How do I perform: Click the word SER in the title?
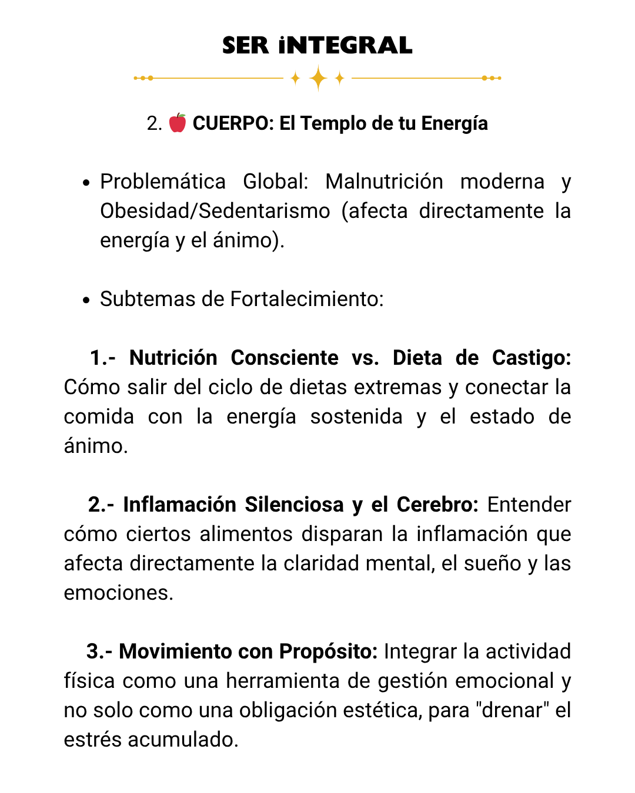coord(245,46)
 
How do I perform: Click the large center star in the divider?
coord(318,78)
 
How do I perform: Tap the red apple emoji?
coord(178,123)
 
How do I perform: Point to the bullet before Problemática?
coord(86,183)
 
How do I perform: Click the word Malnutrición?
coord(384,182)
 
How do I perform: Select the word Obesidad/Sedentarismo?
coord(215,211)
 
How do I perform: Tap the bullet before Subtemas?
coord(86,300)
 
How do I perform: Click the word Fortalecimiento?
coord(306,299)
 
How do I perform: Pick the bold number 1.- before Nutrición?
coord(103,358)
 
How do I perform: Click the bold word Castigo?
coord(531,358)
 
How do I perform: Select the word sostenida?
coord(356,416)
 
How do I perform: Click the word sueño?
coord(492,563)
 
